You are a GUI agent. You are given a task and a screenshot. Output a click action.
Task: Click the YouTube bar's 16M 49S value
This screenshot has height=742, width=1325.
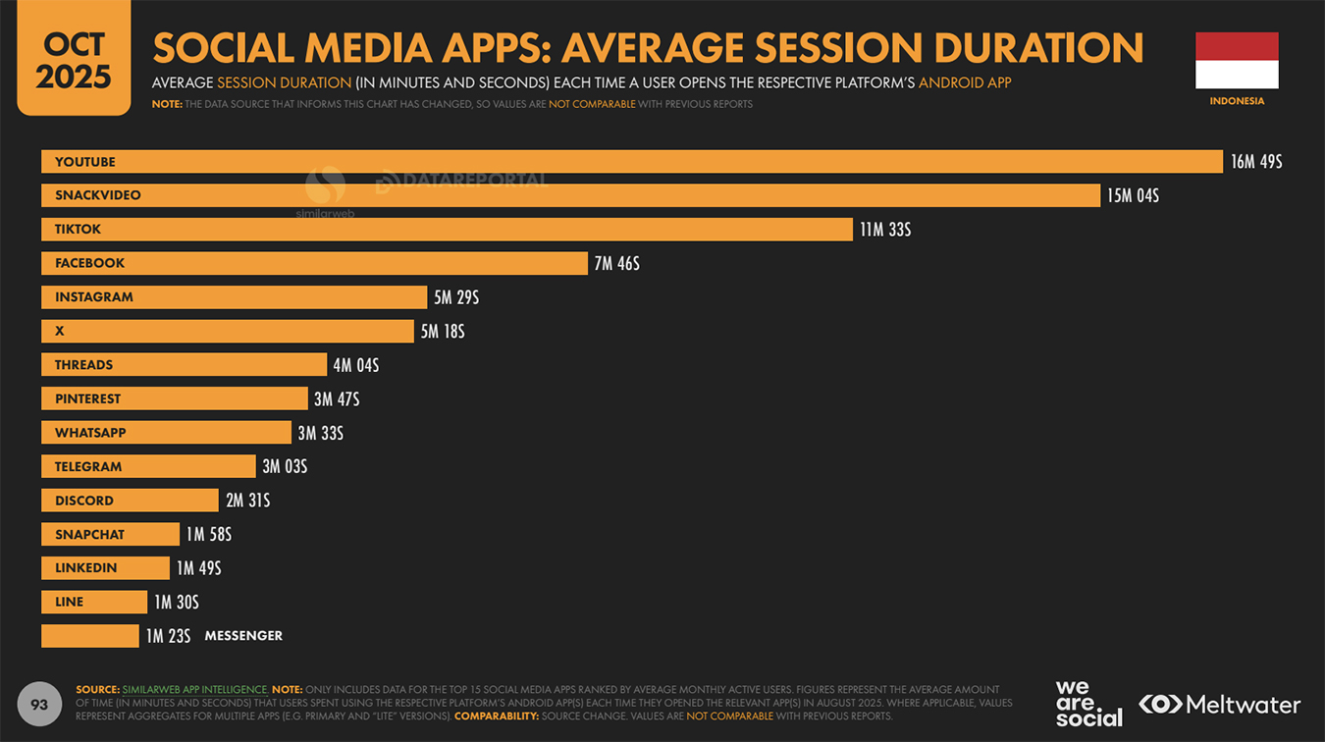(1255, 162)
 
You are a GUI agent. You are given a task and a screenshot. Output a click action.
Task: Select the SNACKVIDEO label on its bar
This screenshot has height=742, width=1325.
(98, 195)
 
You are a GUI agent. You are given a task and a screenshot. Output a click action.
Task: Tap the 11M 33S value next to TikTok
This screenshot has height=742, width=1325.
(885, 230)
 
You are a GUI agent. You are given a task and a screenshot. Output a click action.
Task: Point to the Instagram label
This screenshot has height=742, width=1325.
(94, 297)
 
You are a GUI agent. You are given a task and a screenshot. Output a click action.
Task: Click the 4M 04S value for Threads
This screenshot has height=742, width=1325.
(355, 365)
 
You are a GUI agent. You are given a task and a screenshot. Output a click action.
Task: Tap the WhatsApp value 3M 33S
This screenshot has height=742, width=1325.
(320, 433)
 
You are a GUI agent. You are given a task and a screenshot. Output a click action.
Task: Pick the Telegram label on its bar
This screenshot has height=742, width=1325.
(88, 466)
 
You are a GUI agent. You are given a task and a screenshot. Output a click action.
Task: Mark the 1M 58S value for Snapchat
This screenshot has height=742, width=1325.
(208, 535)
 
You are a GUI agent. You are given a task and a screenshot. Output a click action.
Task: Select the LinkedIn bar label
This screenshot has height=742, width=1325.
(86, 568)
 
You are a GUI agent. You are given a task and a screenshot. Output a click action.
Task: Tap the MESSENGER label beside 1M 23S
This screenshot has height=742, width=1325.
(243, 636)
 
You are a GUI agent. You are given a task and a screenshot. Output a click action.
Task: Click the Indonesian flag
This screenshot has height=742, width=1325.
(1237, 61)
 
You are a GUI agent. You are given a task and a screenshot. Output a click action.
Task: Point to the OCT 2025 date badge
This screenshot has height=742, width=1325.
(74, 59)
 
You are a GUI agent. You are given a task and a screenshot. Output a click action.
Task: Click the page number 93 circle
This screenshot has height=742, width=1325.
(39, 705)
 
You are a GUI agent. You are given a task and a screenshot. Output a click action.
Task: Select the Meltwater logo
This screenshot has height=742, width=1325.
(1219, 704)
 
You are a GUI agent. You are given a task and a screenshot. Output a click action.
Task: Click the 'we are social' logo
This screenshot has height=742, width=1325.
(1088, 704)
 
